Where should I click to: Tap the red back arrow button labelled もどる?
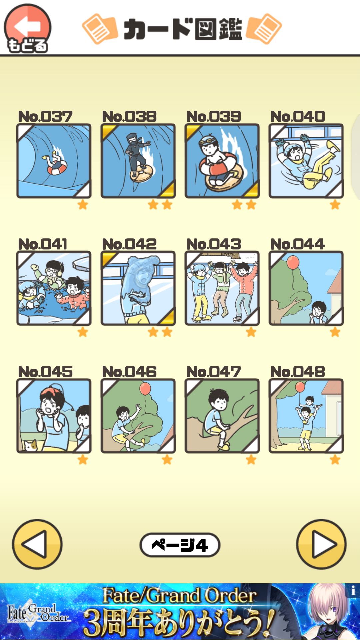(x=27, y=29)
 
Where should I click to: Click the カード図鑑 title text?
(x=182, y=29)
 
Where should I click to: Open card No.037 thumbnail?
(x=54, y=161)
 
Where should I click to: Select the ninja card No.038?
(x=138, y=161)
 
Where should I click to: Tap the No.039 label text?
(x=214, y=116)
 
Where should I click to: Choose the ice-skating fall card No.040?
(x=306, y=161)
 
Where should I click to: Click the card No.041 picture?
(x=54, y=288)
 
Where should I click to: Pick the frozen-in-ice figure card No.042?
(x=138, y=288)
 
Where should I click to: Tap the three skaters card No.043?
(x=222, y=288)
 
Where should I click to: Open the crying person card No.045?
(x=54, y=416)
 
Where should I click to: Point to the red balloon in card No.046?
(x=145, y=389)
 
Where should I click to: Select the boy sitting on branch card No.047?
(x=222, y=416)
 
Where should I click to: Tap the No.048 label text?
(x=298, y=372)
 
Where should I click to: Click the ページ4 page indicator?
(x=180, y=545)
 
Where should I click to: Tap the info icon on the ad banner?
(x=353, y=591)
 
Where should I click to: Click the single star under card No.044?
(x=335, y=332)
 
